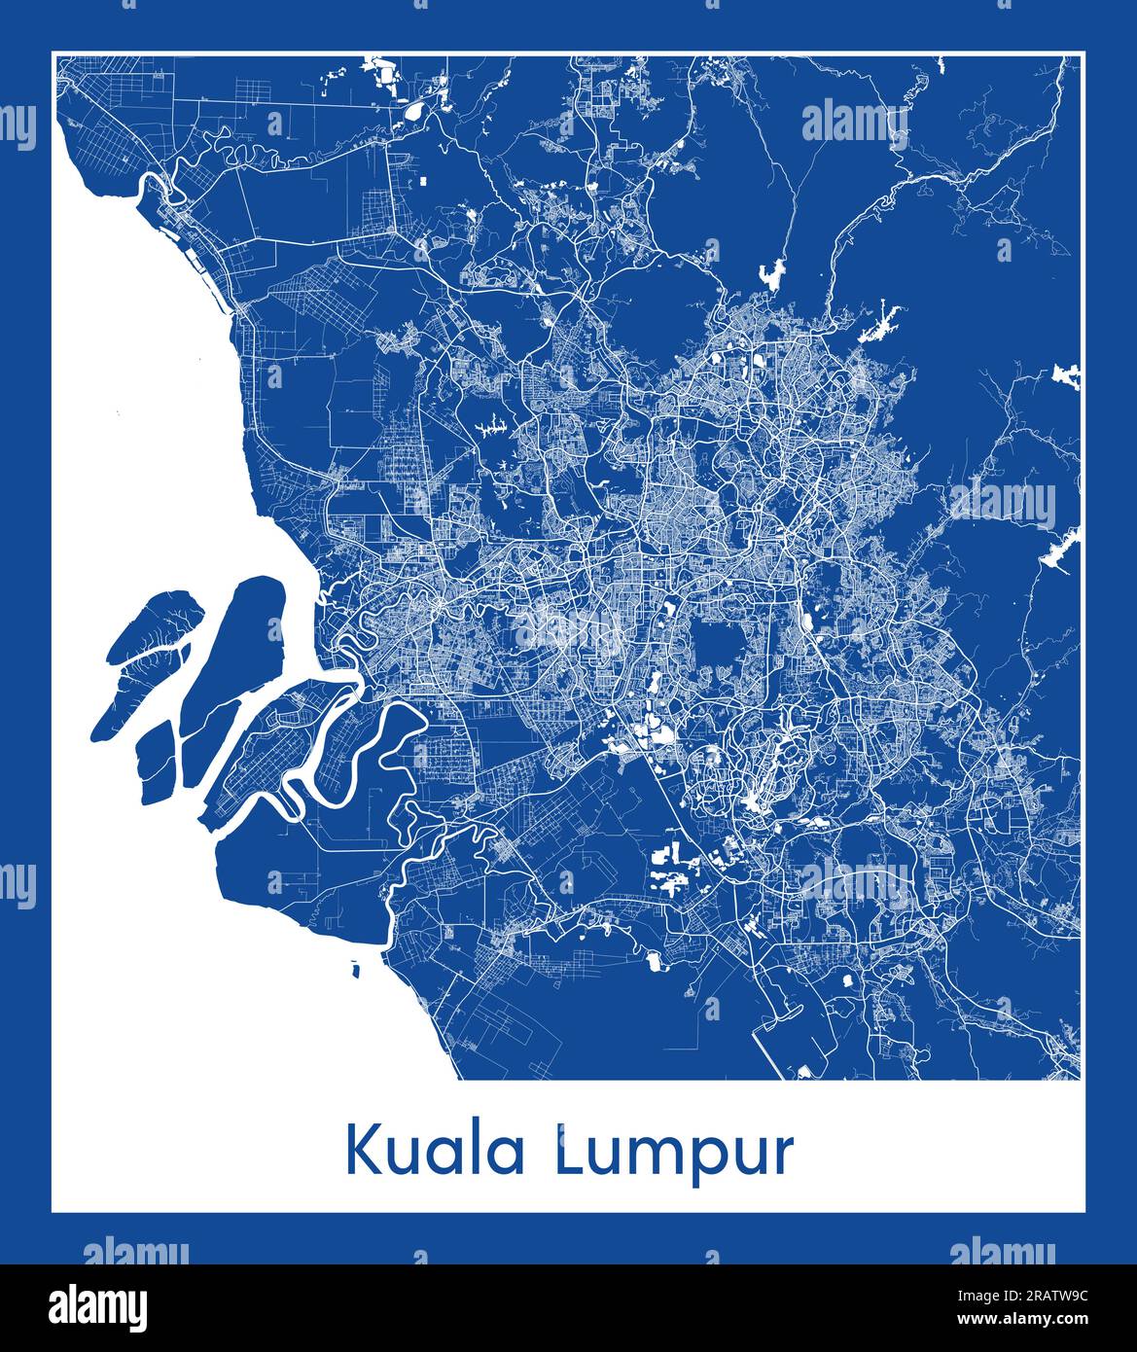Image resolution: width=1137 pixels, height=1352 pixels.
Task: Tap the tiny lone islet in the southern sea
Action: pyautogui.click(x=354, y=969)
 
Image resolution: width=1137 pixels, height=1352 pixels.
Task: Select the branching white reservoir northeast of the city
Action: pyautogui.click(x=880, y=322)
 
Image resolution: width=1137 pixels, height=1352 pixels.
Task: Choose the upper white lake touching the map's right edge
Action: pyautogui.click(x=1067, y=375)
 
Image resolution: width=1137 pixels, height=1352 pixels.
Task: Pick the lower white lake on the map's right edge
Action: pyautogui.click(x=1060, y=551)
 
